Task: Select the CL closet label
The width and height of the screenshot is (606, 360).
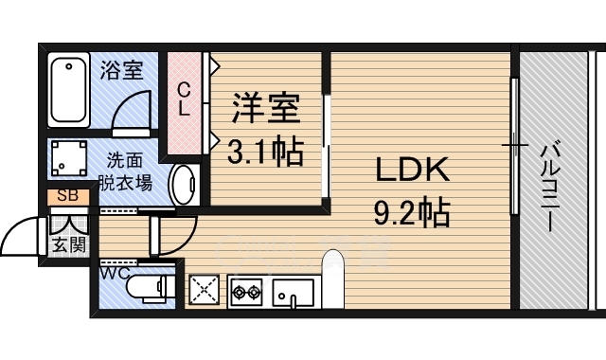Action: point(185,99)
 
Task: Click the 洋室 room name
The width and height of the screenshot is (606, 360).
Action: point(266,106)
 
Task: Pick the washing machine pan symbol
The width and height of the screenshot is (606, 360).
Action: point(70,158)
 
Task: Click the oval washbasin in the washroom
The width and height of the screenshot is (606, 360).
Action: point(184,183)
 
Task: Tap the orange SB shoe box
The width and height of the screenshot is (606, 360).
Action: point(68,197)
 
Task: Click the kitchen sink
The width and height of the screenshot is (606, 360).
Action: point(294,293)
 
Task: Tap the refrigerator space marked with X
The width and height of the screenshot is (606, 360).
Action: point(205,291)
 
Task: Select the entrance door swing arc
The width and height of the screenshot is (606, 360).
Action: point(21,237)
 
